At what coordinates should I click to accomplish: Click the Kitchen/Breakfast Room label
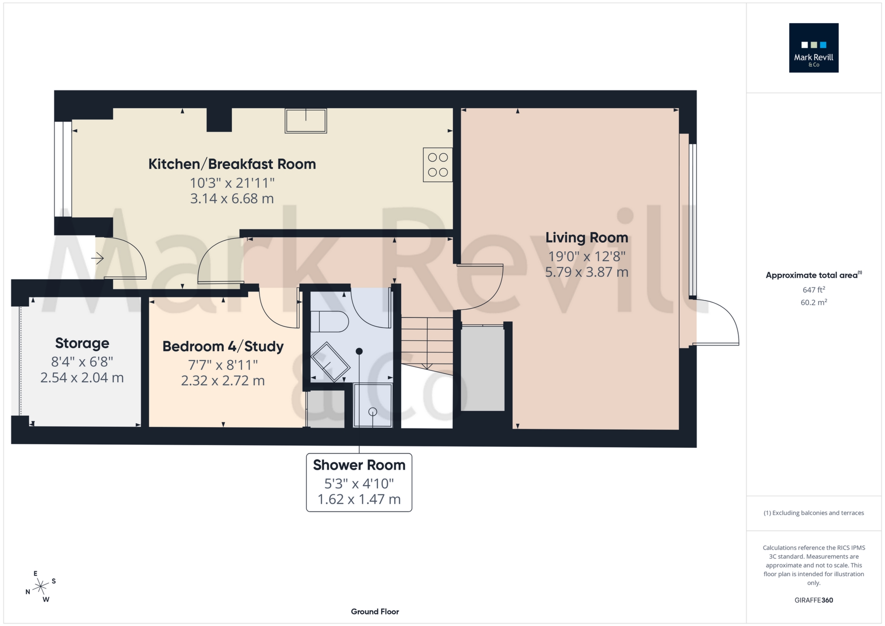(x=232, y=164)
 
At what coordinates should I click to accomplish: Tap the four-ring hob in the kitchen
(x=437, y=165)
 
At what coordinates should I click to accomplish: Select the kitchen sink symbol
(x=305, y=120)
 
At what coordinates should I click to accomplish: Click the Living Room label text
(x=587, y=238)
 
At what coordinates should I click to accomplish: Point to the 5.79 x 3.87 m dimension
(x=587, y=272)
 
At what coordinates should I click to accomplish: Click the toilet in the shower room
(x=329, y=322)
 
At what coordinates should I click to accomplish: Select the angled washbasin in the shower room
(x=330, y=362)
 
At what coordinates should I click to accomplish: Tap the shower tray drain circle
(x=373, y=412)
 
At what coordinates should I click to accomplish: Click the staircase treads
(x=427, y=341)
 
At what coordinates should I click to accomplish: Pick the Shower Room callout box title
(x=359, y=465)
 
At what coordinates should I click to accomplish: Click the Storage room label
(x=82, y=343)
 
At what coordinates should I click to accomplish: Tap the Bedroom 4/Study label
(x=223, y=346)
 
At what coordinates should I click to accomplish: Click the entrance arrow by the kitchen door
(x=97, y=259)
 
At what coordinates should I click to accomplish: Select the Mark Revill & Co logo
(x=813, y=48)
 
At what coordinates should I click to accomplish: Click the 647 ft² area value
(x=813, y=290)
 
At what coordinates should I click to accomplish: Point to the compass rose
(x=41, y=586)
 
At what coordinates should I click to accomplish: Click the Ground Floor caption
(x=375, y=612)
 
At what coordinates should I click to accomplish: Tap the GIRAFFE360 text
(x=813, y=600)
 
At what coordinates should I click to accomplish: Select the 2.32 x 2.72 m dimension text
(x=223, y=381)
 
